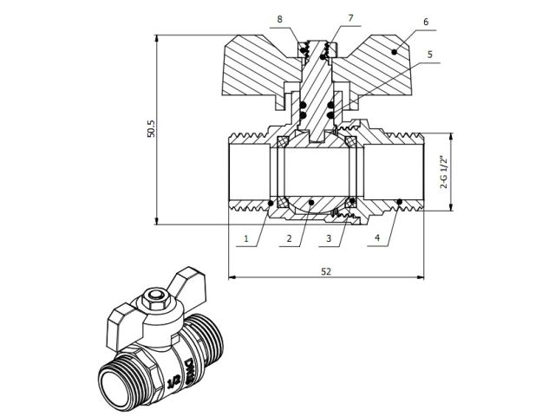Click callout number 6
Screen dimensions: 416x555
tap(425, 19)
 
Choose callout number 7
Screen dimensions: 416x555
tap(326, 18)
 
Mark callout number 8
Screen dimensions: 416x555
tap(280, 19)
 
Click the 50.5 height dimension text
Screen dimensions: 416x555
tap(150, 129)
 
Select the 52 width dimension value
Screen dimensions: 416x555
tap(326, 271)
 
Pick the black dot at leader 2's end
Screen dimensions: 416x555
tap(310, 205)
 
